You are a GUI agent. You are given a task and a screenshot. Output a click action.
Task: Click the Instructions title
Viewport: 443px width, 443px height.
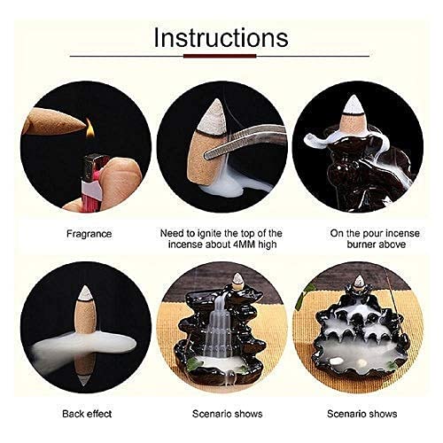coord(221,38)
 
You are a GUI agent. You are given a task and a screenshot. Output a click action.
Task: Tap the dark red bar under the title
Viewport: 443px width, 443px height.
coord(221,58)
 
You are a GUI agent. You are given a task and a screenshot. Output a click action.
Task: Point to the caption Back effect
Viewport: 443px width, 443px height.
coord(85,414)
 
